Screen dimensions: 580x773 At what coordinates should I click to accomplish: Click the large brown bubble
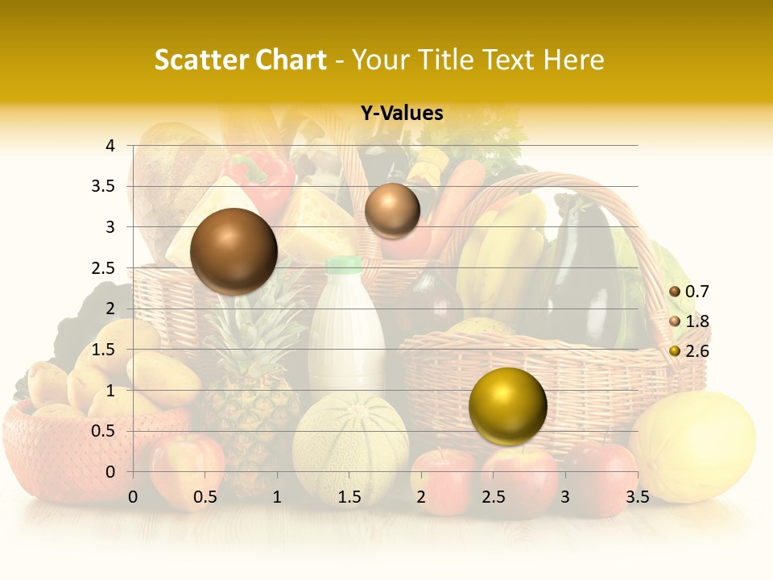(234, 251)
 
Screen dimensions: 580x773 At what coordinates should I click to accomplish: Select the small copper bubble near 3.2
(392, 210)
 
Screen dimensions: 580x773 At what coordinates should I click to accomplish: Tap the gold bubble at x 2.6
(507, 406)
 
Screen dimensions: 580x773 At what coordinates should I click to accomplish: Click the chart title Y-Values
(401, 114)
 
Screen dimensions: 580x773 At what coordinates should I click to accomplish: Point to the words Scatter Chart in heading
(240, 60)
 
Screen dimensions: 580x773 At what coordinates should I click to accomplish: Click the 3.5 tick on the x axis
(637, 497)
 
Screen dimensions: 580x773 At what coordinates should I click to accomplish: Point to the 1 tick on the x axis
(277, 497)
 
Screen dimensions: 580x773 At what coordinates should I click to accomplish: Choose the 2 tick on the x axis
(421, 497)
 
